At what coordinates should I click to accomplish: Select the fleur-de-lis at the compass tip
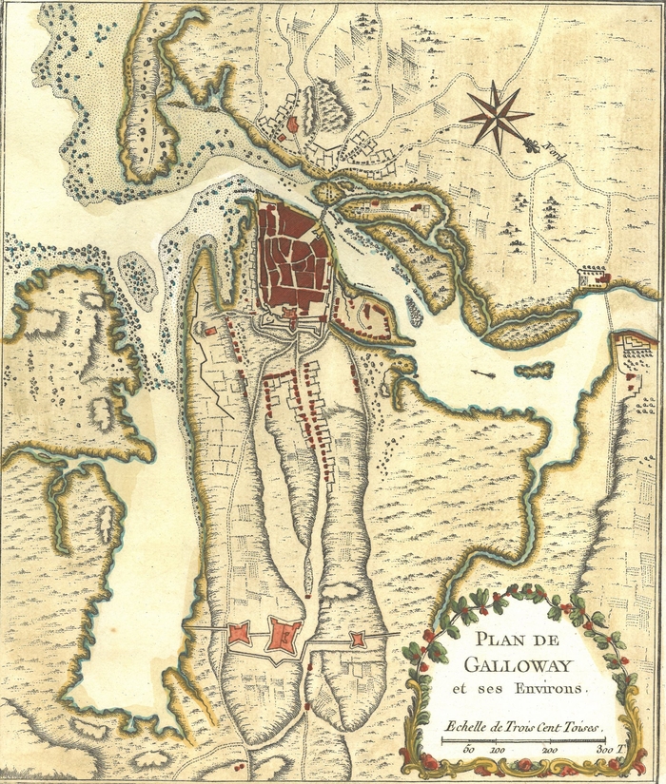(x=531, y=143)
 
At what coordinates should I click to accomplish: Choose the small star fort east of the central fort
(x=357, y=640)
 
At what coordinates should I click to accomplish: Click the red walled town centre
(x=293, y=257)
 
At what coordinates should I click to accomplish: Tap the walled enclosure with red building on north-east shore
(x=594, y=277)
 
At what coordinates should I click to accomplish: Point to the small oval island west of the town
(x=139, y=278)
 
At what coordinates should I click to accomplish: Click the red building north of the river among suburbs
(x=292, y=124)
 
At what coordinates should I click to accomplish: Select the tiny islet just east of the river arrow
(x=535, y=369)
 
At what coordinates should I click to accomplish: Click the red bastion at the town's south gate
(x=292, y=324)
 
